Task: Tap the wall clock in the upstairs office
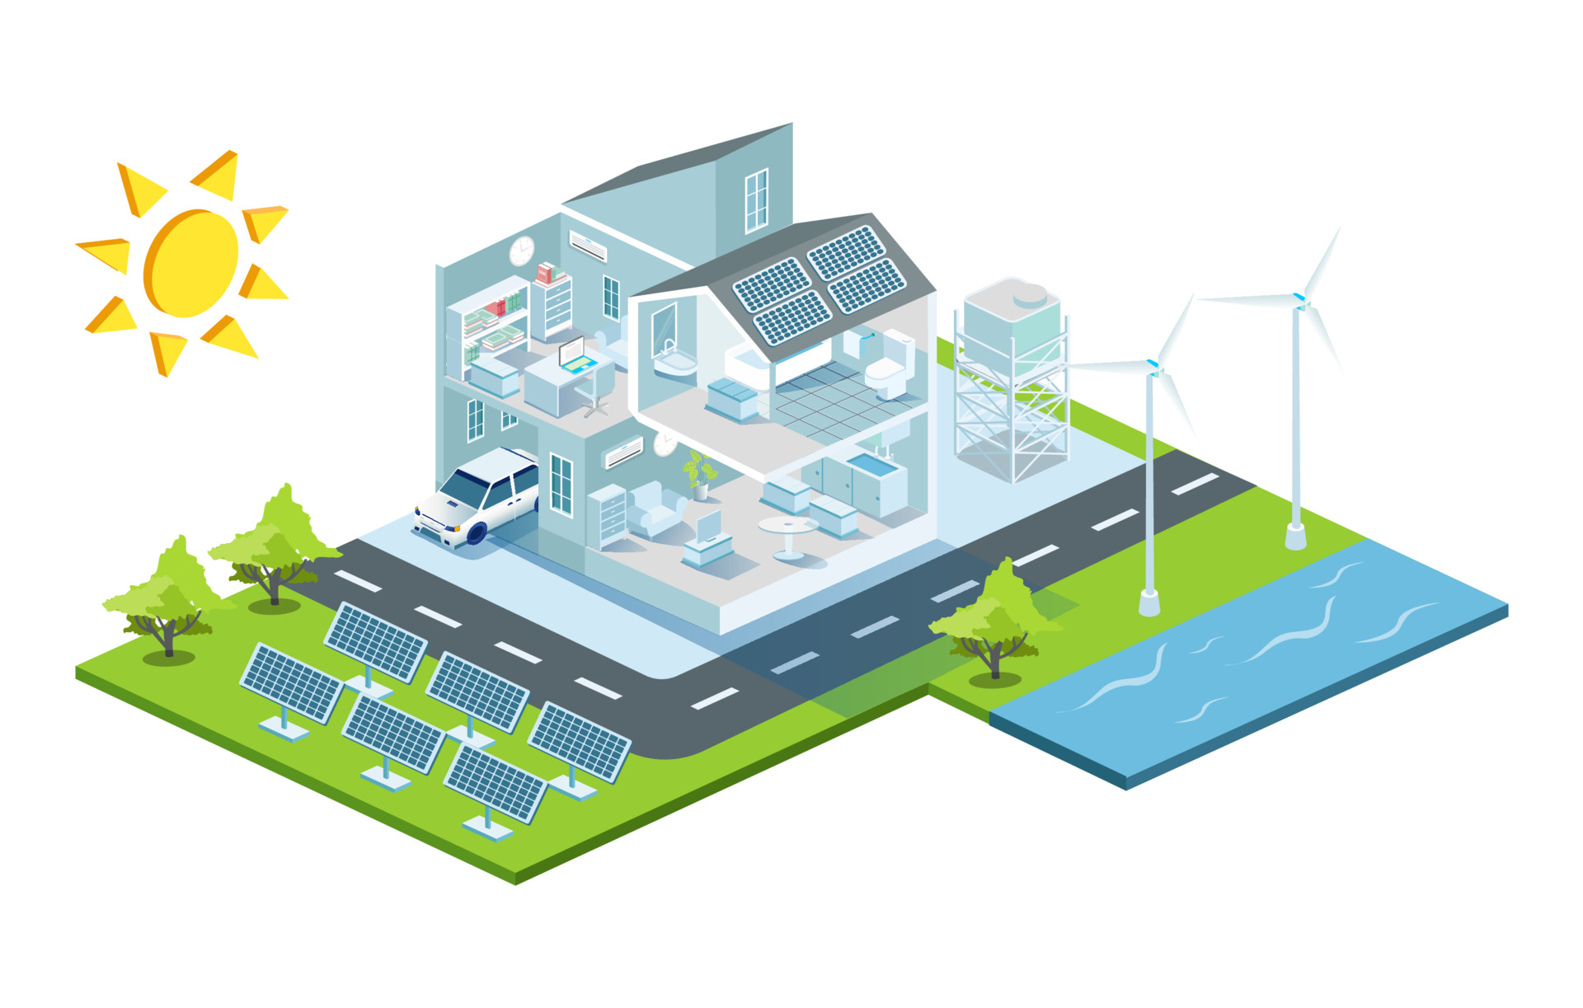521,251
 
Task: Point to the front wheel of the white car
477,532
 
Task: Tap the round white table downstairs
787,532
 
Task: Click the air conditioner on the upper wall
588,245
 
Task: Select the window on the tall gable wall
756,200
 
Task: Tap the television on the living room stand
708,527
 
